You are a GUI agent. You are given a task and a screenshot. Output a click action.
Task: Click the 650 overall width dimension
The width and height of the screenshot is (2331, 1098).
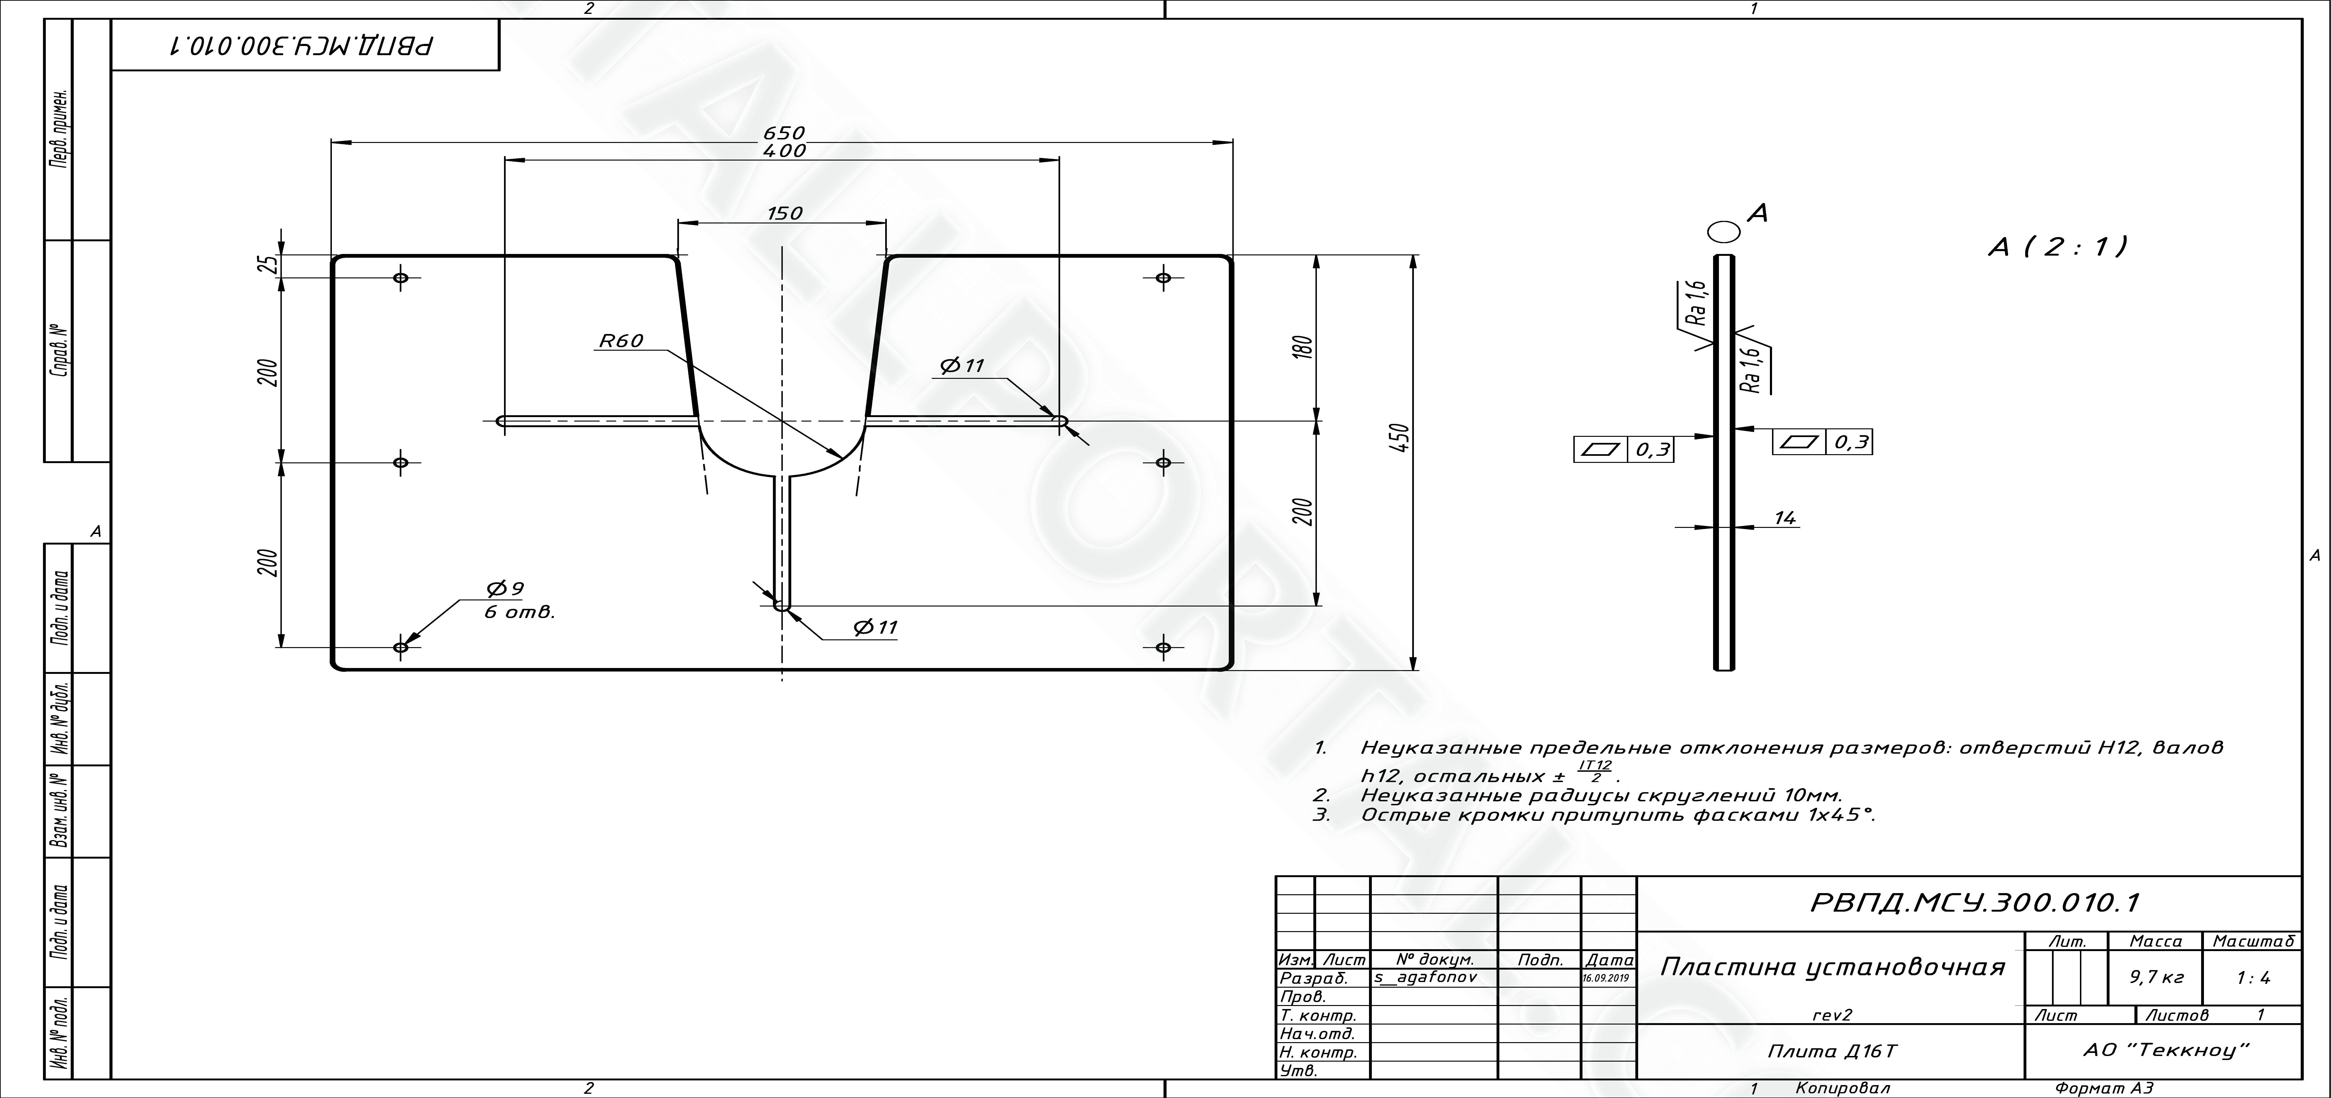pyautogui.click(x=784, y=134)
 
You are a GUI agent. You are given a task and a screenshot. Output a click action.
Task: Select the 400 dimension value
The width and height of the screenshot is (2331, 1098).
pyautogui.click(x=784, y=151)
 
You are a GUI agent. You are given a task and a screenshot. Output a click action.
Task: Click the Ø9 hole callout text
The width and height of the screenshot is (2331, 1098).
pyautogui.click(x=505, y=589)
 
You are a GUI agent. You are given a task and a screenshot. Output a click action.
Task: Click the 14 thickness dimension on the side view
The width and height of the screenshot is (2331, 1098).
pyautogui.click(x=1784, y=518)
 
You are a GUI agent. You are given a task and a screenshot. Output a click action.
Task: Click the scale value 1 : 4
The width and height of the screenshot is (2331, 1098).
pyautogui.click(x=2252, y=977)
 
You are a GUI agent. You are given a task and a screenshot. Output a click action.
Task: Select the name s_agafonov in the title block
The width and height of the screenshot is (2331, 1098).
pyautogui.click(x=1425, y=978)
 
